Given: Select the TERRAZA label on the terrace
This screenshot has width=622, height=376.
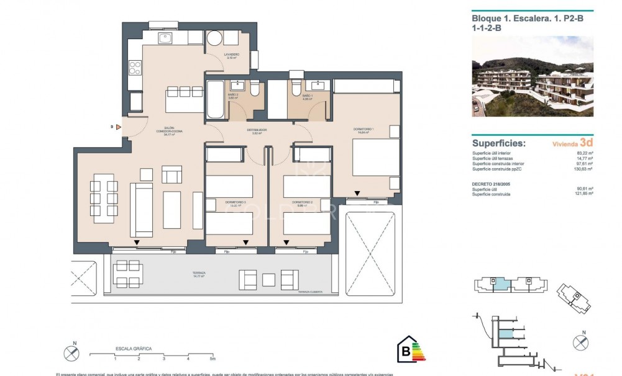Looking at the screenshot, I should click(199, 274).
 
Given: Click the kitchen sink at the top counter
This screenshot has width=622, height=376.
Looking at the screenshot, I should click(166, 38).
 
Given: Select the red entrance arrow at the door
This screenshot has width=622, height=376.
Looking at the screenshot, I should click(117, 127).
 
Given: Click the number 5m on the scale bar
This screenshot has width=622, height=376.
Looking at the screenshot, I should click(212, 359).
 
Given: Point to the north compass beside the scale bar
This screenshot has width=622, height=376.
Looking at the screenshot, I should click(71, 353).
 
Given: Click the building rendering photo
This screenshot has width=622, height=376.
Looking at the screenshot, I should click(533, 76).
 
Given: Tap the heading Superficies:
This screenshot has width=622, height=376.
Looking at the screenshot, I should click(498, 143).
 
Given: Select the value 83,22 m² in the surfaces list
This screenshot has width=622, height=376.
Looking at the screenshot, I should click(585, 153).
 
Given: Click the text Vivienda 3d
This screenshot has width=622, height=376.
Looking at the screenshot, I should click(573, 143).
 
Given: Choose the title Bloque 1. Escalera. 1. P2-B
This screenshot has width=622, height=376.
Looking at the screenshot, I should click(528, 19).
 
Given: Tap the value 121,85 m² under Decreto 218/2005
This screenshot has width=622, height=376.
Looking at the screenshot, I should click(584, 194).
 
